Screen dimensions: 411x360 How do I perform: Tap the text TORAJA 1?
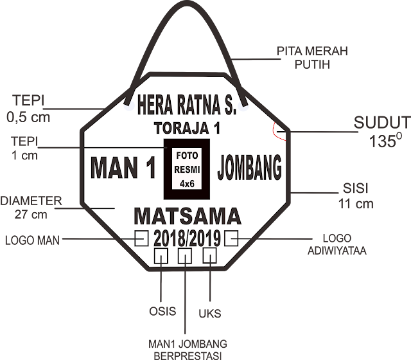[x=187, y=128]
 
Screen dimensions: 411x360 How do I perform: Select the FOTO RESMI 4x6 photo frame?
[x=187, y=169]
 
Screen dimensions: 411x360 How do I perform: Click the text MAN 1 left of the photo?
[x=123, y=168]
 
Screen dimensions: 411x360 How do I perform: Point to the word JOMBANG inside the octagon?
[x=250, y=168]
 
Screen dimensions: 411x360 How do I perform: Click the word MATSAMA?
[x=187, y=215]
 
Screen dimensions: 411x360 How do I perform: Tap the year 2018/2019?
[x=187, y=239]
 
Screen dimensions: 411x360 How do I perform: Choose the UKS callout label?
[x=210, y=314]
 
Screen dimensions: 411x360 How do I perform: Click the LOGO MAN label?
[x=32, y=242]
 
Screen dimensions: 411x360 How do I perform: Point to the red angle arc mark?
[x=274, y=130]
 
